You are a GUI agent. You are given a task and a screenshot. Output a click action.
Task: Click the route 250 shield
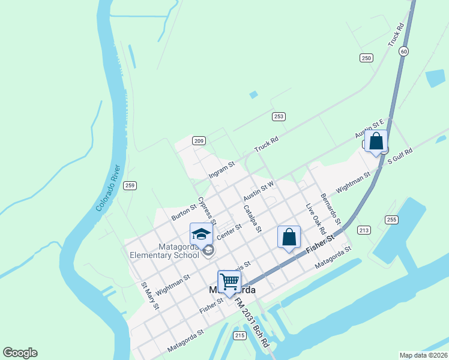coord(366,58)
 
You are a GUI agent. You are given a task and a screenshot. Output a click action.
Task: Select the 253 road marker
coord(278,116)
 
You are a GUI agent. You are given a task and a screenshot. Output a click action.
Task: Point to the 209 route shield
coord(199,141)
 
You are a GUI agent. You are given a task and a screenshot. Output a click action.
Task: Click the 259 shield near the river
coord(130,186)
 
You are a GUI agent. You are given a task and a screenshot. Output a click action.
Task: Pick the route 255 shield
coord(391,220)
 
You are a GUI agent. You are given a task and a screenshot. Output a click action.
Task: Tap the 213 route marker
coord(363,230)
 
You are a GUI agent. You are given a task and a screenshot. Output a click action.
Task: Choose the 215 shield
coord(240,335)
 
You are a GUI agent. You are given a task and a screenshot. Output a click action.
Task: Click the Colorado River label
coord(107,187)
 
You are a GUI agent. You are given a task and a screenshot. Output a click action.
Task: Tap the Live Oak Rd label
coord(315,219)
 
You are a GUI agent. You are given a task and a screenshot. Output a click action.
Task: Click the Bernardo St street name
coord(331,206)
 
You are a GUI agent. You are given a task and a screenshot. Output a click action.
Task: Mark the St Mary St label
coord(149,296)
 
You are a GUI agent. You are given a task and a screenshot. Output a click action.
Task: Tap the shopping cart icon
coord(229,281)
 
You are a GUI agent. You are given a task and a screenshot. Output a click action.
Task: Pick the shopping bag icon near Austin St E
coord(376,142)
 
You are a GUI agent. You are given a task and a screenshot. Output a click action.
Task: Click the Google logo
coord(20,353)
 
